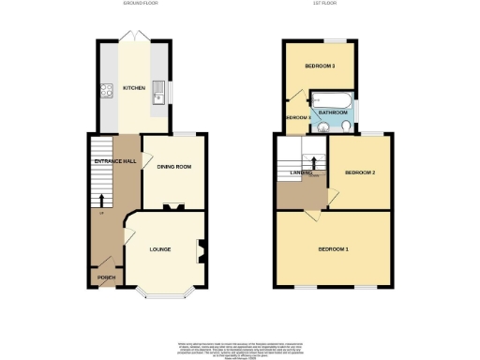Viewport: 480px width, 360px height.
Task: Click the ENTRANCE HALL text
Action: click(116, 161)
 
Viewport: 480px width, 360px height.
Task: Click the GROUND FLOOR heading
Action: click(140, 5)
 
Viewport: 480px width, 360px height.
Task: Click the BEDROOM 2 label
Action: click(360, 173)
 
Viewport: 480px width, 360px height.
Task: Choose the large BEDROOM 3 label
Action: click(320, 67)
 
